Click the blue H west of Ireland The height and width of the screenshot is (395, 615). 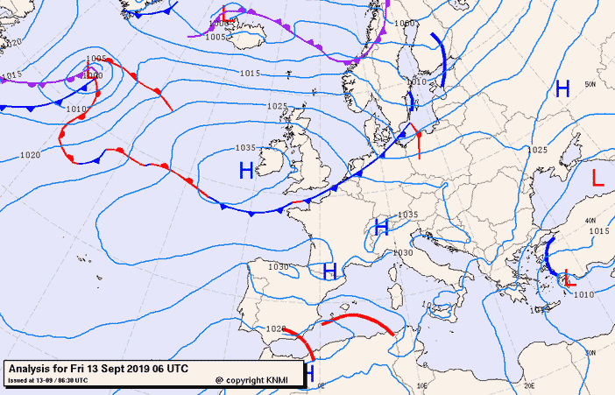coord(246,170)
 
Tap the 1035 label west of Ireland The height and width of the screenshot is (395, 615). coord(245,148)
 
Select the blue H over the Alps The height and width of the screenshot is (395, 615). coord(381,228)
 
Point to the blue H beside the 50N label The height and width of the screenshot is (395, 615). coord(562,88)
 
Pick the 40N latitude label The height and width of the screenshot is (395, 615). coord(590,220)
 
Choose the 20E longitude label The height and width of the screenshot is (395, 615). coord(528,384)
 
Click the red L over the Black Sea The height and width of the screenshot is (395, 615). coord(597,178)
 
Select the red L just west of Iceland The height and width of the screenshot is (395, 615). coord(225,13)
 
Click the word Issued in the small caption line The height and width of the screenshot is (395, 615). coord(19,380)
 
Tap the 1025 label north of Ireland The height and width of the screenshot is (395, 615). coord(277,106)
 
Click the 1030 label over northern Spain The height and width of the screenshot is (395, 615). coord(278,267)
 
